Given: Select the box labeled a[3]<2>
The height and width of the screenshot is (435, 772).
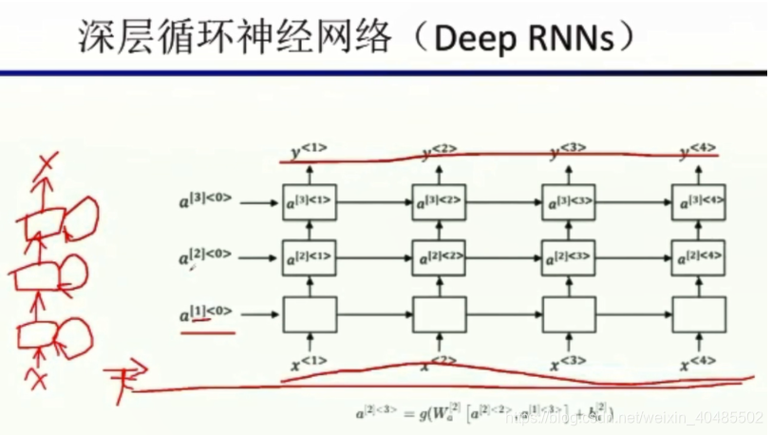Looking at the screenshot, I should click(440, 201).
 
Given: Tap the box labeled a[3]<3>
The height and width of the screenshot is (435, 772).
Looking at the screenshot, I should click(569, 201).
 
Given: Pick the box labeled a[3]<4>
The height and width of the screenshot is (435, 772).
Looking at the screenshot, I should click(698, 201).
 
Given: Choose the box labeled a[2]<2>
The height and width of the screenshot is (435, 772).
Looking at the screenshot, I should click(440, 257).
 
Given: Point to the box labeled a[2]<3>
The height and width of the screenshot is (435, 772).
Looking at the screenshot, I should click(569, 257).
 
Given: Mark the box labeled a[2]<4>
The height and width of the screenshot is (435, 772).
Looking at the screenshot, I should click(698, 257).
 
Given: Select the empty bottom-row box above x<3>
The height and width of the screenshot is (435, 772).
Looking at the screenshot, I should click(569, 312).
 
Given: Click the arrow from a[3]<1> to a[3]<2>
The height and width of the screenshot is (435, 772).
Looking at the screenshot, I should click(375, 201).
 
